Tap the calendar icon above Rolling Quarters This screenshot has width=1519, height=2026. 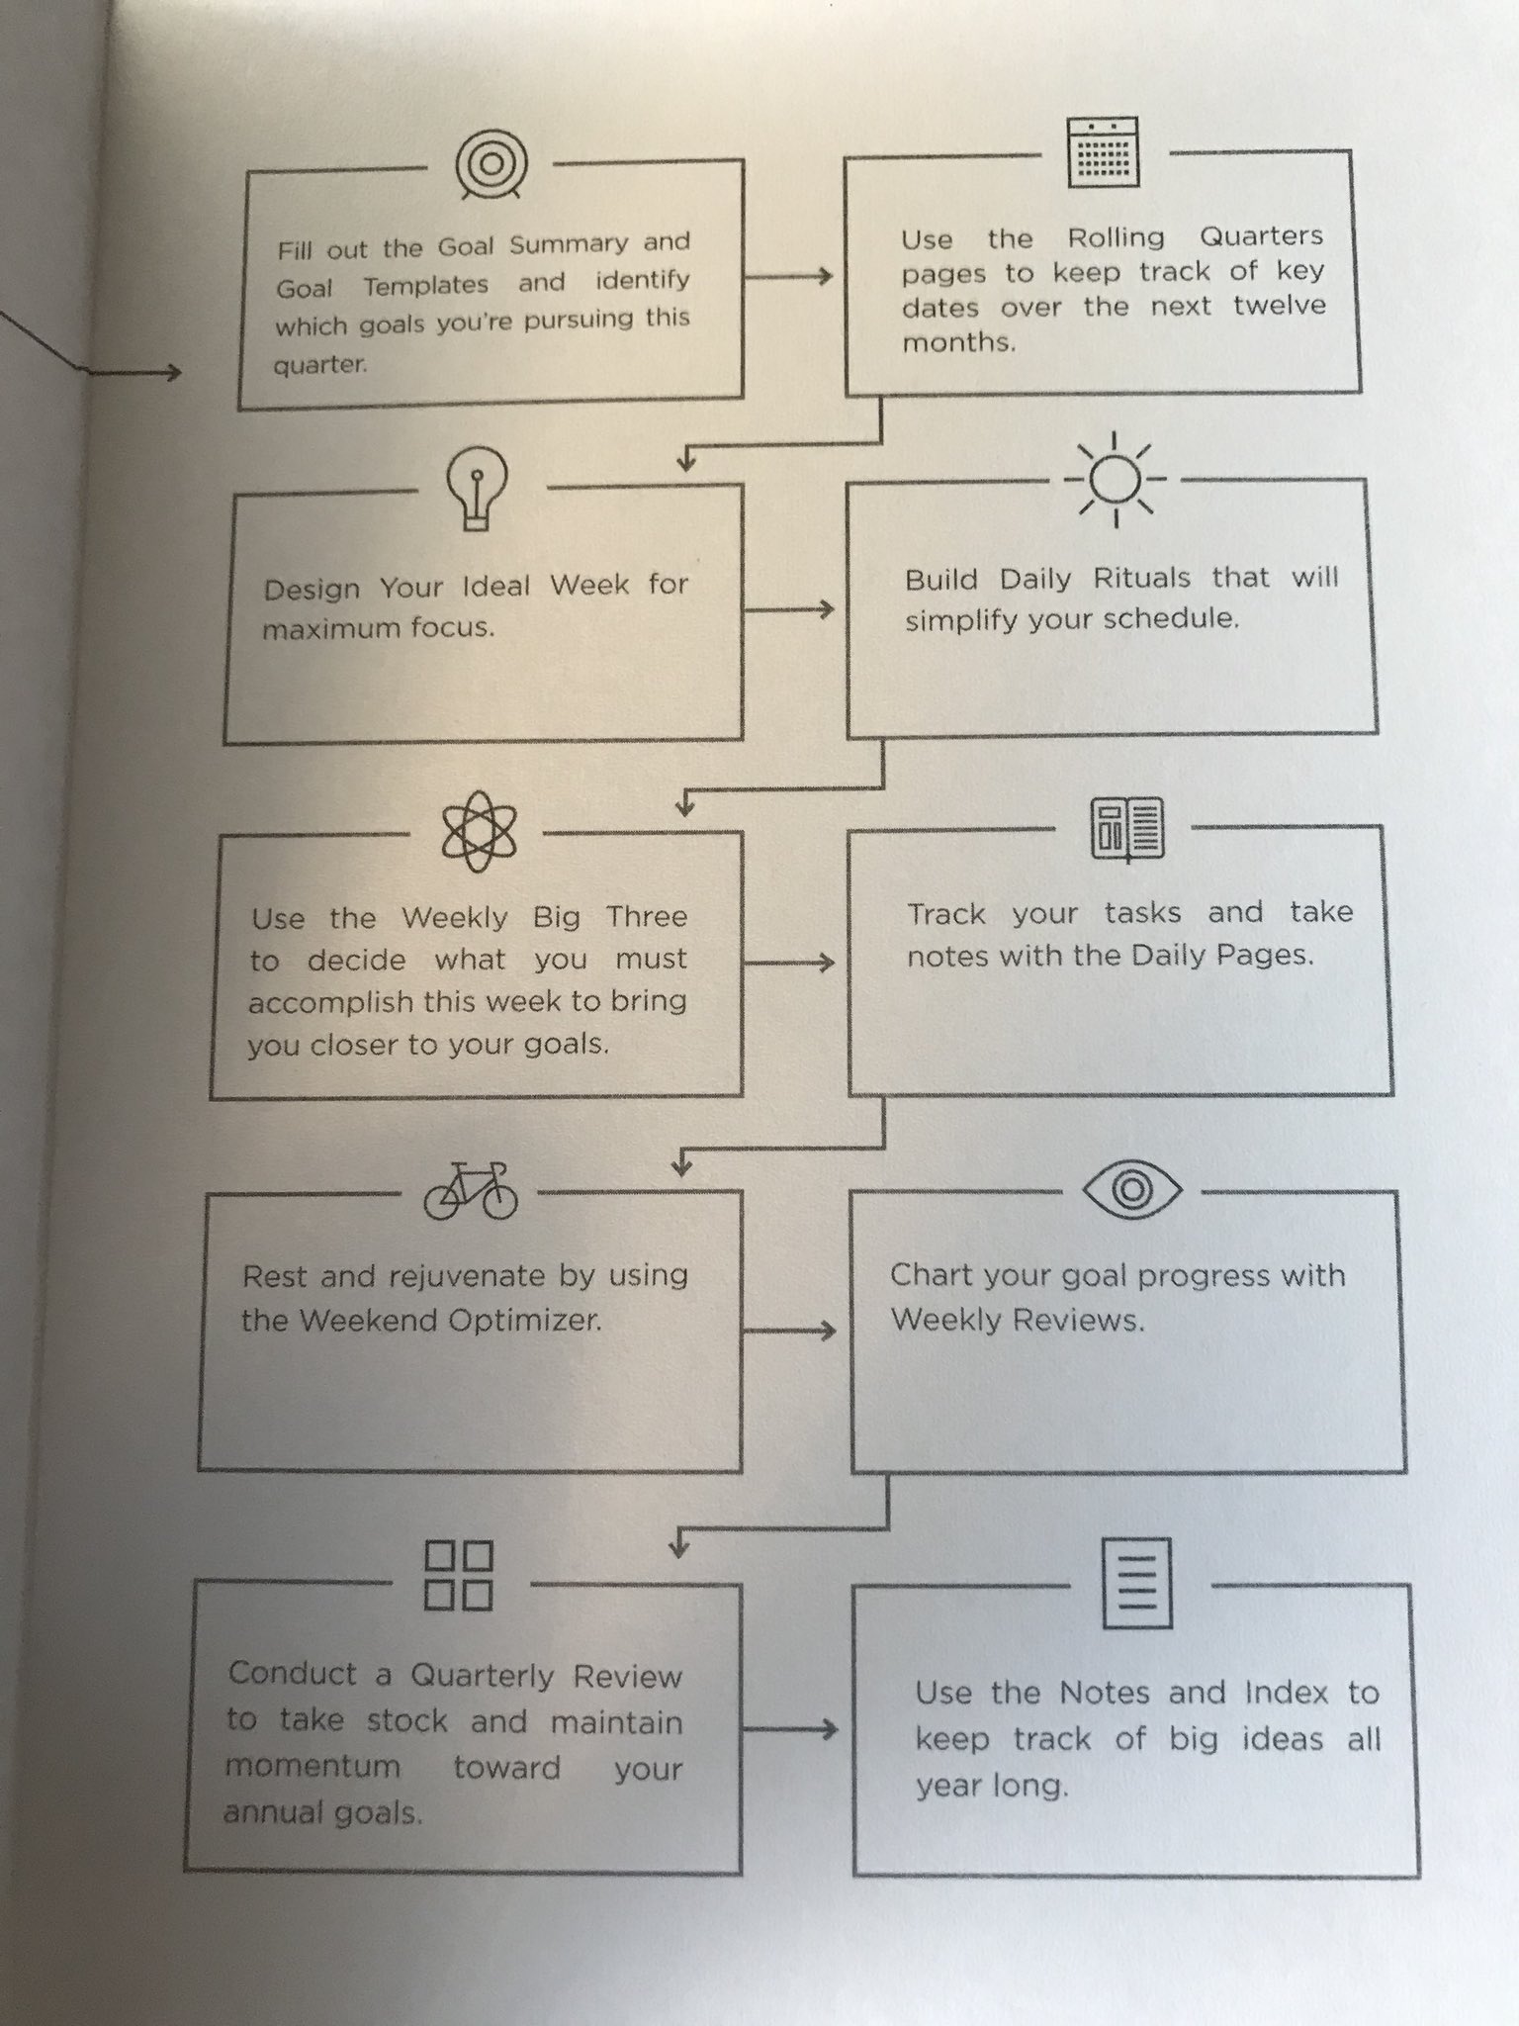click(x=1104, y=152)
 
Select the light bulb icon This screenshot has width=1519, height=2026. click(x=478, y=487)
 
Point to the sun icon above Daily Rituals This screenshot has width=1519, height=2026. click(x=1116, y=479)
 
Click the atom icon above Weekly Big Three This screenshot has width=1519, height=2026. click(x=479, y=831)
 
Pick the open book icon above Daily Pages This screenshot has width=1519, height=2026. click(x=1126, y=828)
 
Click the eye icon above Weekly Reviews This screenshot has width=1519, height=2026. click(x=1132, y=1189)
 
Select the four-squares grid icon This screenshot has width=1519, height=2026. click(x=459, y=1575)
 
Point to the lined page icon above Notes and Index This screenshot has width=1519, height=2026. click(x=1137, y=1583)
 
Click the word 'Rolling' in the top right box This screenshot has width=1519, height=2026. click(x=1116, y=238)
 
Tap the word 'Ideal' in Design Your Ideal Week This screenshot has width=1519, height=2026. click(x=496, y=586)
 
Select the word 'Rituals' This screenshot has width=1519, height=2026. click(x=1141, y=578)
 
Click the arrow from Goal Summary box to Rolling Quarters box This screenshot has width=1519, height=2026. click(x=789, y=277)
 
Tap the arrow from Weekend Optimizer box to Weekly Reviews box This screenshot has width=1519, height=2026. click(x=789, y=1331)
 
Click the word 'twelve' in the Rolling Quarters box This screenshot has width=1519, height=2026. click(x=1279, y=306)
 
